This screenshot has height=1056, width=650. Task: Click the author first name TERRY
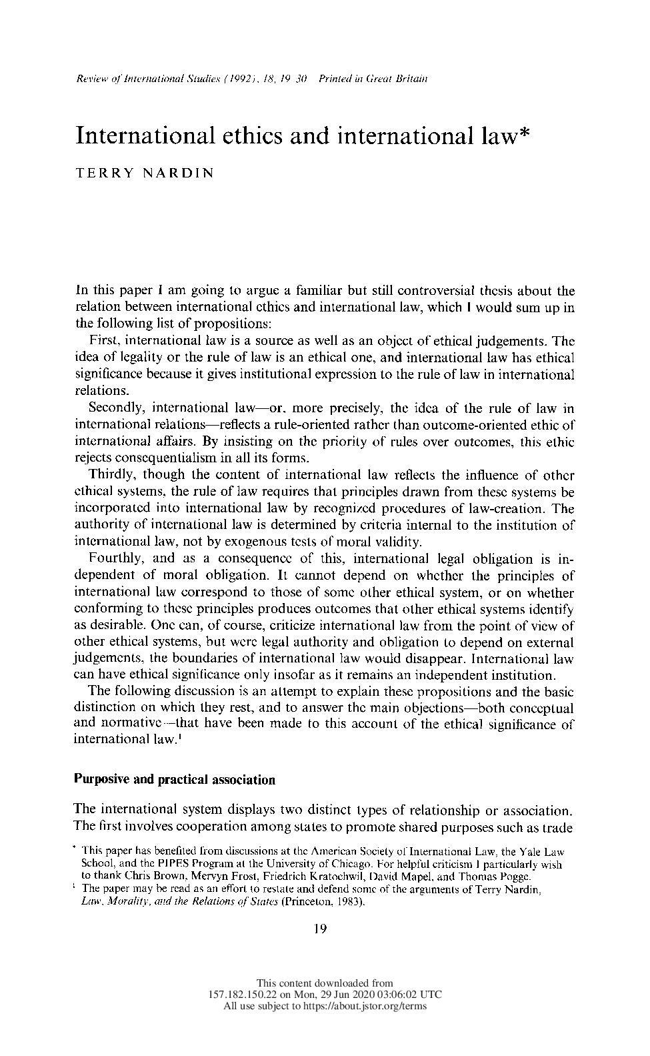coord(105,173)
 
